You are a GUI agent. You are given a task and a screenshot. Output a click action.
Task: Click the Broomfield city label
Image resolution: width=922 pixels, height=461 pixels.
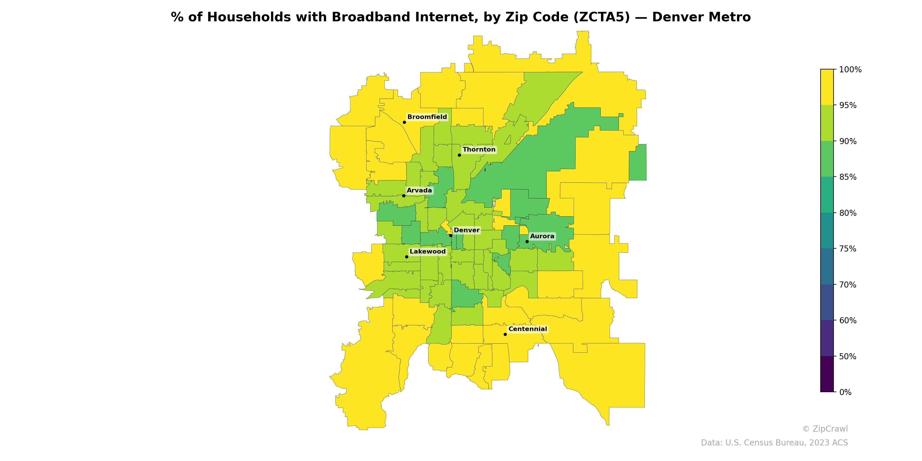tap(427, 117)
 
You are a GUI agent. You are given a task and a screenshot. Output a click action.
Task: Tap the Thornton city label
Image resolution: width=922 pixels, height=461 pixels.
tap(479, 150)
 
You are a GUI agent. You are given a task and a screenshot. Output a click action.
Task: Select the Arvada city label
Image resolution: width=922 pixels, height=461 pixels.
tap(419, 190)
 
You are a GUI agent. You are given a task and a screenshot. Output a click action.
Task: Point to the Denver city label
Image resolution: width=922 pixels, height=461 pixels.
tap(466, 230)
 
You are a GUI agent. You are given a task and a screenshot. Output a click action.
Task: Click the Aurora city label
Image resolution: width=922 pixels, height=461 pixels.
tap(542, 236)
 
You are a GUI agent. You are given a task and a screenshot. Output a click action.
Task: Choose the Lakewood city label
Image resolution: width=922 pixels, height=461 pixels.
tap(427, 252)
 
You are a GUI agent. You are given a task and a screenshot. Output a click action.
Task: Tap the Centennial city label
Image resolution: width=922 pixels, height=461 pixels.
tap(527, 329)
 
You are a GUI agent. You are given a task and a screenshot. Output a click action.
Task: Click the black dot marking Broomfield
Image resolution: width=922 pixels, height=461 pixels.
tap(404, 122)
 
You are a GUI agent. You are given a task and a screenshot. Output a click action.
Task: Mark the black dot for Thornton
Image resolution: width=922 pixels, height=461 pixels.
tap(459, 155)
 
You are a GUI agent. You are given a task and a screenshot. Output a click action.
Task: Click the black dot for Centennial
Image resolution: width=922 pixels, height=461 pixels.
tap(505, 334)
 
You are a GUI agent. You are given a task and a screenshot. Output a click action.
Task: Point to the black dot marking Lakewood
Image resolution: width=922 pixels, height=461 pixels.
tap(407, 257)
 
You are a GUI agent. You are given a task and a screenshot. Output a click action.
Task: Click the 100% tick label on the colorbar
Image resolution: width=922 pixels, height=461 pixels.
tap(850, 70)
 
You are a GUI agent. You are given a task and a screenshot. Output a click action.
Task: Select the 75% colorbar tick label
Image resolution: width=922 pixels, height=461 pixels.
tap(848, 249)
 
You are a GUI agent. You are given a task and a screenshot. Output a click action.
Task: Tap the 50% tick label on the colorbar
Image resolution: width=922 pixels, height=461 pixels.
tap(848, 356)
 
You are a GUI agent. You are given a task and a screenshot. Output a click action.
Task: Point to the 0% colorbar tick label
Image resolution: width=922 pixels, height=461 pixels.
tap(845, 392)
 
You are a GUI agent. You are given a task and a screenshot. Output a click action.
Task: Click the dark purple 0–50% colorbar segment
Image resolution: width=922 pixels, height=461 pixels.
tap(827, 374)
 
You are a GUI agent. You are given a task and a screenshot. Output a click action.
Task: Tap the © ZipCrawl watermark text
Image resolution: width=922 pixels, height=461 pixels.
tap(825, 429)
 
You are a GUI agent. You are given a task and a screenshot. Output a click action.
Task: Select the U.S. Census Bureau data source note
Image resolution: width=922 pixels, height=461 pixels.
tap(774, 443)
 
